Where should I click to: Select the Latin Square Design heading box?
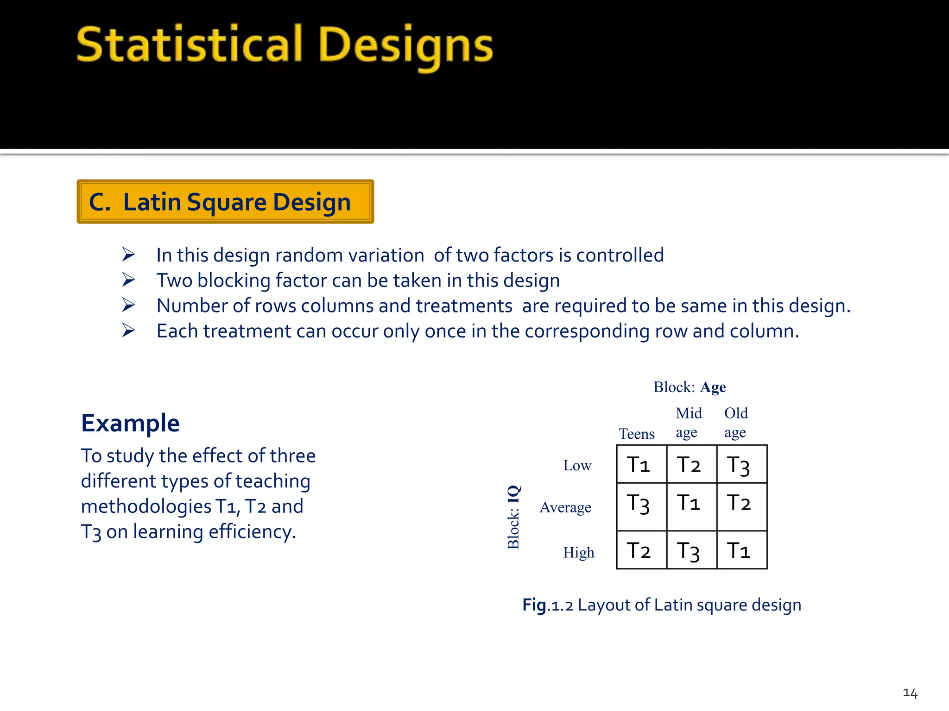[225, 202]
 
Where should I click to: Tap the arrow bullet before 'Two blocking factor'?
[128, 280]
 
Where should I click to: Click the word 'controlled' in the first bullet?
[620, 255]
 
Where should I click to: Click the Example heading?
[130, 423]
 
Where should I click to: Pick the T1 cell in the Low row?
[641, 464]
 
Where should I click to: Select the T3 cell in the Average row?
[641, 506]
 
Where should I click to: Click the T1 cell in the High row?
[741, 550]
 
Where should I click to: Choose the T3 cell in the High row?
[691, 550]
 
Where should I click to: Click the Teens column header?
[637, 434]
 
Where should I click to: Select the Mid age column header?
[688, 422]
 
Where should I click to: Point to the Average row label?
[565, 507]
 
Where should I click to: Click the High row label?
[578, 552]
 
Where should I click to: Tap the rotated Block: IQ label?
[513, 517]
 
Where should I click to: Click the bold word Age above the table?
[713, 387]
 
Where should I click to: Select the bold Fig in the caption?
[534, 605]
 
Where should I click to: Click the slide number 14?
[910, 693]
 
